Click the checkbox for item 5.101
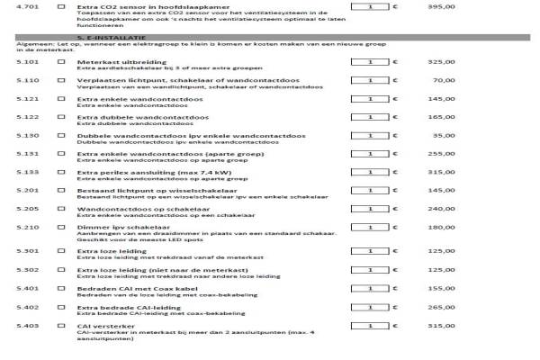pyautogui.click(x=61, y=62)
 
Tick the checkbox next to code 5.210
pyautogui.click(x=61, y=228)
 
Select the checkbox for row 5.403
pyautogui.click(x=61, y=325)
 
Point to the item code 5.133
pyautogui.click(x=27, y=172)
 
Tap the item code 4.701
pyautogui.click(x=27, y=6)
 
